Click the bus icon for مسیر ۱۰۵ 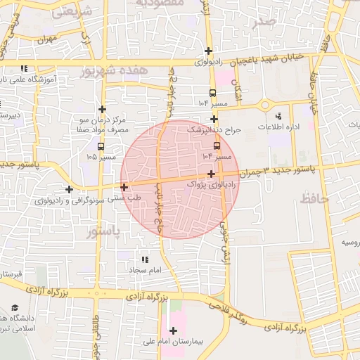(102, 147)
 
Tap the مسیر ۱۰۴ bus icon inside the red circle (216, 146)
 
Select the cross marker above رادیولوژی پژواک (211, 172)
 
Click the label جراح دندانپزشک (214, 130)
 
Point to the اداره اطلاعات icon (278, 116)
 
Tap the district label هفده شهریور (115, 71)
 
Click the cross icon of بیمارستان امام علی (174, 330)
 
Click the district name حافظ (314, 200)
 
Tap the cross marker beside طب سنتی (124, 187)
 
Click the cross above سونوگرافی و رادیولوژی (69, 189)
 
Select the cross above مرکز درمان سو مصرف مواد (103, 109)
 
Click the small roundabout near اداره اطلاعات (265, 105)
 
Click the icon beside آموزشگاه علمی (25, 69)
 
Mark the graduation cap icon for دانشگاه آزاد (15, 308)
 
